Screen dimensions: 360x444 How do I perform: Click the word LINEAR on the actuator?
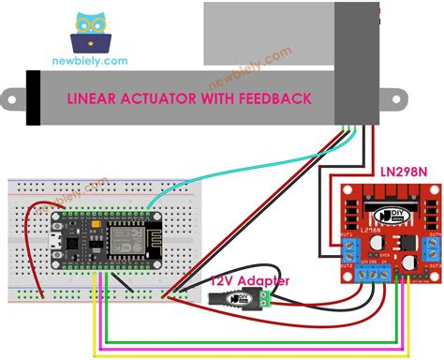tap(96, 98)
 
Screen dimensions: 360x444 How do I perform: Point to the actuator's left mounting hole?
tap(16, 97)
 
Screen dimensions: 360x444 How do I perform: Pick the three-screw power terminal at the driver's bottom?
tap(377, 274)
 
